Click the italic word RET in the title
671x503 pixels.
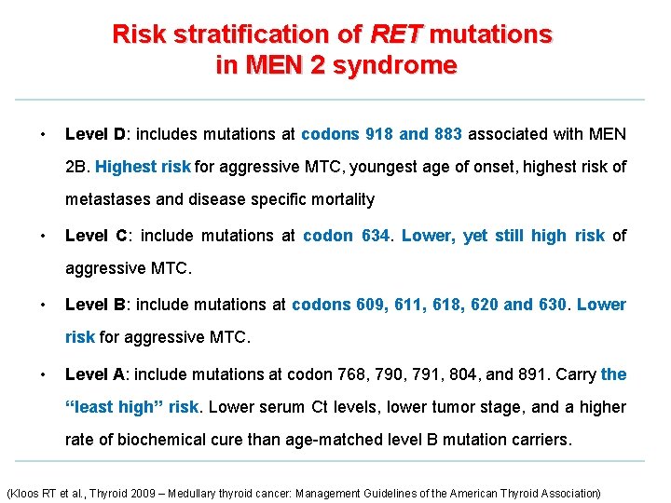coord(397,35)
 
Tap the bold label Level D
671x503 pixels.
coord(96,134)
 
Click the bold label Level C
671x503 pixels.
coord(96,237)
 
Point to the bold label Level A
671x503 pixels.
coord(96,374)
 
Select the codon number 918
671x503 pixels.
coord(379,134)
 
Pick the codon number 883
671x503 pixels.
coord(447,134)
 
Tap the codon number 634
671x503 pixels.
coord(375,237)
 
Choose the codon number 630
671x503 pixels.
coord(553,305)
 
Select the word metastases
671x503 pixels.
coord(105,199)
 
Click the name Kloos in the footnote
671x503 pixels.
coord(28,492)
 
